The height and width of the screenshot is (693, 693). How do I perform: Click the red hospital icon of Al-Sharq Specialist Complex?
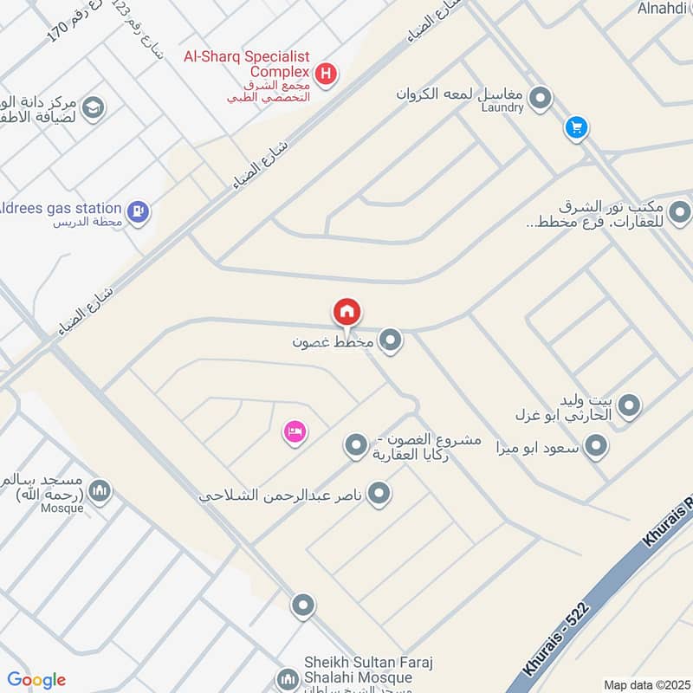point(325,74)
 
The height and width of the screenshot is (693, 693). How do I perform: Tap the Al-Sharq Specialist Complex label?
point(247,63)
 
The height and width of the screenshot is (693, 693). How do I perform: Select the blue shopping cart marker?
point(576,128)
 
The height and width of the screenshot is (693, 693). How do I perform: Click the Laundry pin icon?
point(541,98)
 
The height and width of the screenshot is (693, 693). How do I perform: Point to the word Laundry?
point(502,107)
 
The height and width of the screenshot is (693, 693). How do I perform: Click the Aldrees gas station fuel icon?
point(138,210)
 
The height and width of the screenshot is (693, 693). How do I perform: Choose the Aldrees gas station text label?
point(61,208)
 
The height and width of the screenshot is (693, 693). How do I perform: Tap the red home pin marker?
point(346,312)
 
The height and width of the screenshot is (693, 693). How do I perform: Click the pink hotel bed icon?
point(295,431)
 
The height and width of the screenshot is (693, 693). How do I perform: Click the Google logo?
point(36,680)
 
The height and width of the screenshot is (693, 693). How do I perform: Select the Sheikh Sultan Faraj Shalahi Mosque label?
point(355,669)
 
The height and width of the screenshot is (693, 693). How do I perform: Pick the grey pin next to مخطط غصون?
point(392,340)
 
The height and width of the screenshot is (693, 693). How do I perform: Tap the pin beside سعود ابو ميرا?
point(595,447)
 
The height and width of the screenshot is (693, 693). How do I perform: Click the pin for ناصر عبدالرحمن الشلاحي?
point(379,495)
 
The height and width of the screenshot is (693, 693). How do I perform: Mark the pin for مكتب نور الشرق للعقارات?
point(680,211)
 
